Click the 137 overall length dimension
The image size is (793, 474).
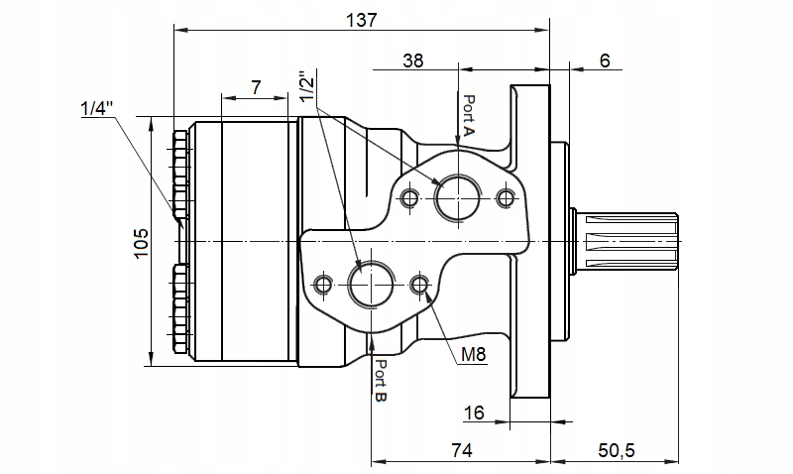(x=361, y=19)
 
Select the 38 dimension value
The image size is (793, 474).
(x=413, y=60)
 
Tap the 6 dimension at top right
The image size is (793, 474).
(x=605, y=60)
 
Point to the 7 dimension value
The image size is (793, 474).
(x=256, y=87)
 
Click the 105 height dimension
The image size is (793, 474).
(x=140, y=242)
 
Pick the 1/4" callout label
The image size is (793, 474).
(x=96, y=108)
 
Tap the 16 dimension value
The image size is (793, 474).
(x=473, y=412)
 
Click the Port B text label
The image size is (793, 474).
(x=381, y=380)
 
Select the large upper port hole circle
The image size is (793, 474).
(x=458, y=196)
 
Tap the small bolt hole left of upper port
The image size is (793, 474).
(x=409, y=198)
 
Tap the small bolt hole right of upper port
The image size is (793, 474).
(x=507, y=198)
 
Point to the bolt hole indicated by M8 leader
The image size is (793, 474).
(x=419, y=286)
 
